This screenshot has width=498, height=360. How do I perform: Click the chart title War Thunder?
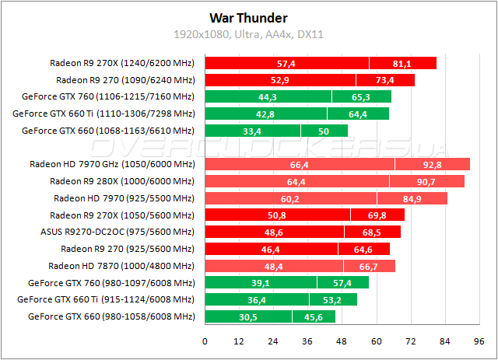(248, 18)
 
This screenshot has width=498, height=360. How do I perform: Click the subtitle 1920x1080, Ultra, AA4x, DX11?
(248, 34)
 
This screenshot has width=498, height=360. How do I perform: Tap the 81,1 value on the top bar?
(402, 63)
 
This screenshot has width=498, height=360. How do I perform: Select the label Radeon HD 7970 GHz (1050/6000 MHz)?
(112, 164)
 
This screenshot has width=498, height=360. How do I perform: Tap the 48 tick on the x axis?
(342, 341)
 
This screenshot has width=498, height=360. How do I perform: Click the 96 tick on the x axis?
(479, 341)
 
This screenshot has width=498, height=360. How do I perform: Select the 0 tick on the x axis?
(205, 341)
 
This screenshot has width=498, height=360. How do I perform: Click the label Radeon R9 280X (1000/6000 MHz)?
(121, 181)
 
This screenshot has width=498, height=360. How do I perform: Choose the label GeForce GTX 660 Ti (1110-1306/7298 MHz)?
(103, 114)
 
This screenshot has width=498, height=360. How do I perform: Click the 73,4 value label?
(385, 80)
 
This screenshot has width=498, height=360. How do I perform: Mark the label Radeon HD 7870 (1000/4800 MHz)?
(121, 266)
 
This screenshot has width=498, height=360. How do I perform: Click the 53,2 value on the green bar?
(333, 299)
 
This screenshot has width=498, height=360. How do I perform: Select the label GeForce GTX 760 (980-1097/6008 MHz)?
(110, 283)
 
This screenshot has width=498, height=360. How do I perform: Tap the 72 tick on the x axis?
(410, 341)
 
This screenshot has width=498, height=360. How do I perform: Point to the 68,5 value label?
(372, 232)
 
